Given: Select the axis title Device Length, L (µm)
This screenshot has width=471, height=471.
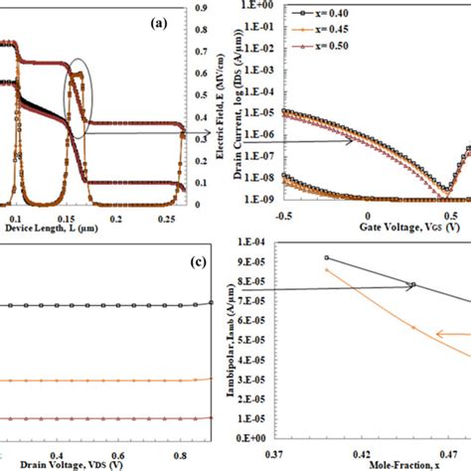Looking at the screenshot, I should [45, 227].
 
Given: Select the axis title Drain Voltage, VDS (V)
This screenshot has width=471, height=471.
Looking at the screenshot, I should [66, 463].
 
